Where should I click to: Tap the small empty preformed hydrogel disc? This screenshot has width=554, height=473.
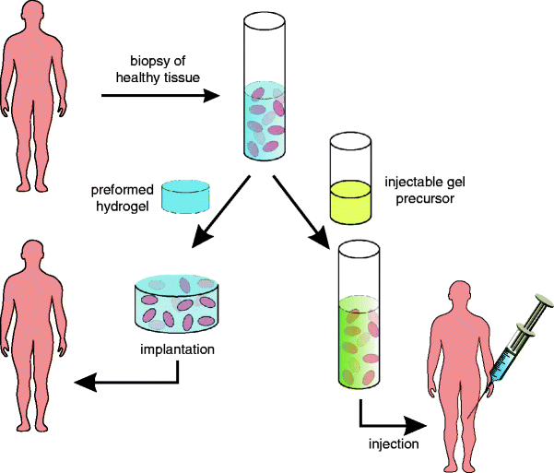coord(185,196)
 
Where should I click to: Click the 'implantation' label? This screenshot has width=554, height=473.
coord(177,349)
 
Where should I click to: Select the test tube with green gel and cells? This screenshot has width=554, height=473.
coord(359,319)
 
